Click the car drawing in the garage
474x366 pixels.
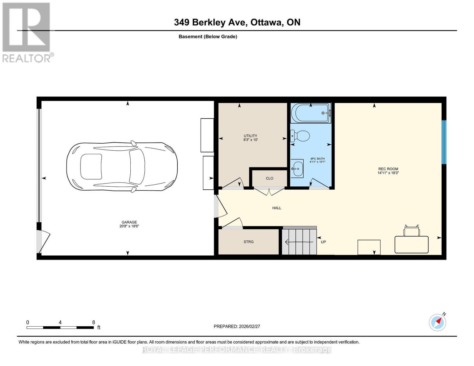tap(122, 167)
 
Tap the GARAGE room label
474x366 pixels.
tap(129, 222)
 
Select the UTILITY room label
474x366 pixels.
tap(250, 136)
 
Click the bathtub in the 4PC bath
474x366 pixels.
tap(311, 113)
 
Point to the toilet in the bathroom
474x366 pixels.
tap(300, 135)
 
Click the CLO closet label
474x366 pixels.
tap(270, 178)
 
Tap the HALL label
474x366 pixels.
tap(277, 208)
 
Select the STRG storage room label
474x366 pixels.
tap(248, 242)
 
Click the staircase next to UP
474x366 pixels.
tap(299, 242)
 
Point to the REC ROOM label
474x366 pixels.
tap(388, 169)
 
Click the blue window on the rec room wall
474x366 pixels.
tap(444, 142)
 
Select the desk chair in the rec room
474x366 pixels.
tap(412, 231)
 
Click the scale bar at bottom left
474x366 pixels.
tap(60, 328)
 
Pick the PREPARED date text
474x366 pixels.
tap(237, 326)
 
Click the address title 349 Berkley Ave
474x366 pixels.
tap(237, 22)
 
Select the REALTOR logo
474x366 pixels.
tap(27, 32)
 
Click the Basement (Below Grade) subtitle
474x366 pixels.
tap(208, 37)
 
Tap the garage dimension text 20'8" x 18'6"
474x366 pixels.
tap(129, 226)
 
